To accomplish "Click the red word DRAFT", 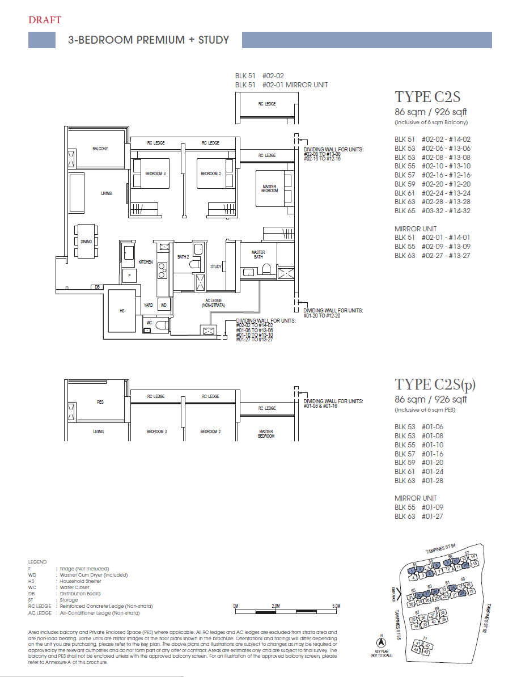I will [45, 20].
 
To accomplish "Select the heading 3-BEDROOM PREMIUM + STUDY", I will [149, 40].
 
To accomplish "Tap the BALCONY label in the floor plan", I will [100, 149].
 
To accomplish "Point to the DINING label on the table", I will [86, 242].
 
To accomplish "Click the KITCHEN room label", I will [146, 262].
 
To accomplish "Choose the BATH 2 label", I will [183, 257].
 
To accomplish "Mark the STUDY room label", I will [216, 266].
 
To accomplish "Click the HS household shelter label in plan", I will [121, 311].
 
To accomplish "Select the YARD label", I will [148, 305].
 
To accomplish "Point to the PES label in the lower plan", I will [100, 402].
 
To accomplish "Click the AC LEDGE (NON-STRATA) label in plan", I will [210, 303].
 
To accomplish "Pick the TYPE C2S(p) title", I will [435, 385].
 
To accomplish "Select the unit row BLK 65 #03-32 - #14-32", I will [433, 211].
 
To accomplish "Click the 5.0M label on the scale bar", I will [336, 606].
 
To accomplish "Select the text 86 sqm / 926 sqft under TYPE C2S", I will [430, 112].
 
